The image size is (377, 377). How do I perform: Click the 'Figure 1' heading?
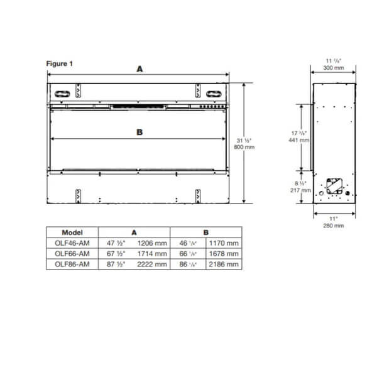click(60, 64)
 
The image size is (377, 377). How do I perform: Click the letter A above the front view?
click(139, 70)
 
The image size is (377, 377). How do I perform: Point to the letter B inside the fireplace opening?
click(139, 132)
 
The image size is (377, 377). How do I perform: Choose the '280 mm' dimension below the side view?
click(334, 224)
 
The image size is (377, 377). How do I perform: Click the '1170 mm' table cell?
click(224, 243)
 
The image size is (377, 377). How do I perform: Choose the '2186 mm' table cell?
click(224, 265)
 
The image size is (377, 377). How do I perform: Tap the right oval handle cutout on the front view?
click(215, 92)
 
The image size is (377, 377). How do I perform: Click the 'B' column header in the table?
click(206, 232)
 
